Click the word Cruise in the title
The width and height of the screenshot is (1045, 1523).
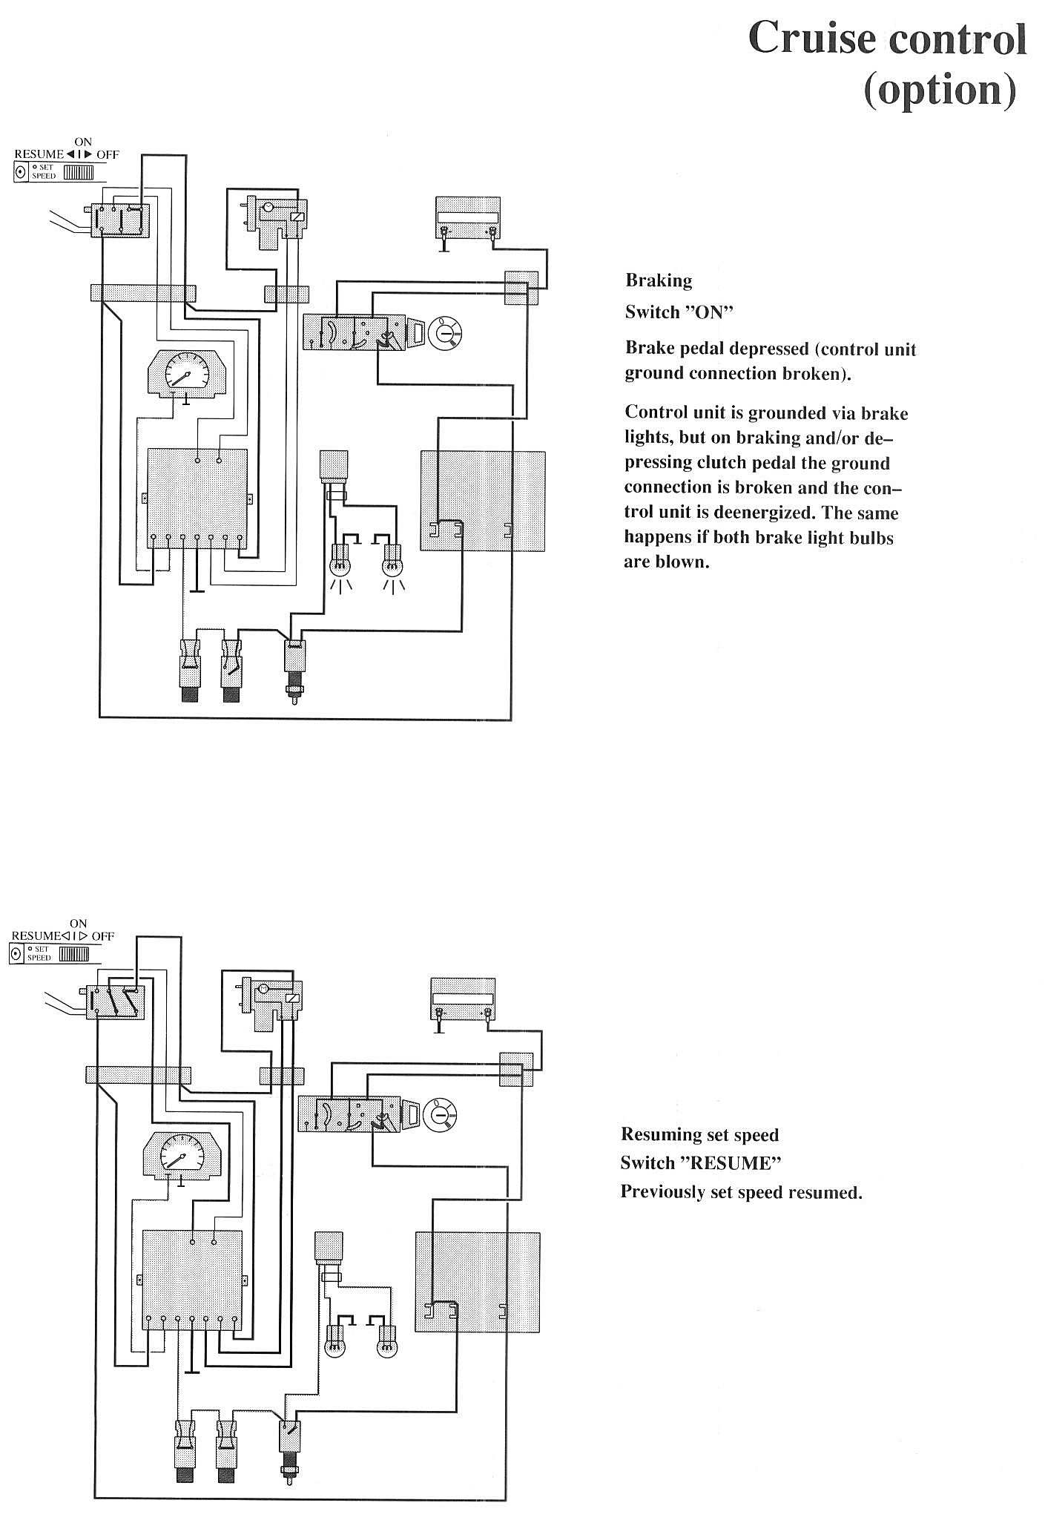[811, 39]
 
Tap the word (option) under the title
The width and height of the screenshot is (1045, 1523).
[940, 90]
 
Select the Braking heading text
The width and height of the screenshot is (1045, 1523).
[659, 280]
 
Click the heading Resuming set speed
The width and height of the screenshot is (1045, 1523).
[699, 1134]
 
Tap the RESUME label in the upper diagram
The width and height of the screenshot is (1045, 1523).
[39, 154]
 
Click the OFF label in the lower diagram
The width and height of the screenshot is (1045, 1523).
[103, 936]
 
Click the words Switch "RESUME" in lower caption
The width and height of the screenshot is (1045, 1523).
[700, 1162]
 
